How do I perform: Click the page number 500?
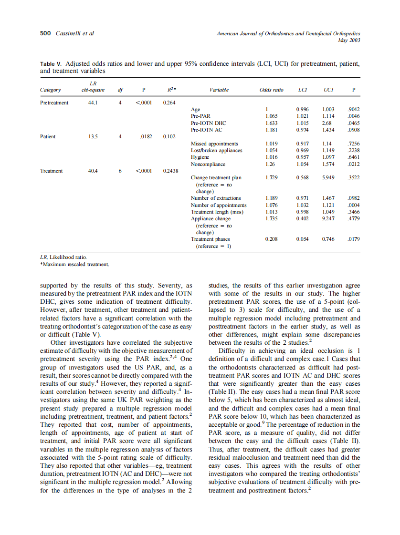click(44, 33)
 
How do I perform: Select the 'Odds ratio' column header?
click(271, 90)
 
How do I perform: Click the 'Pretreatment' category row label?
click(54, 103)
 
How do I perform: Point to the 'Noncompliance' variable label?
click(208, 164)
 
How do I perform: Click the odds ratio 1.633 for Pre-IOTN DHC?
click(271, 123)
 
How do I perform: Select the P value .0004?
click(353, 205)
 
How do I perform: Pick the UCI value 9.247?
click(328, 218)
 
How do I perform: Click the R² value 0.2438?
click(170, 170)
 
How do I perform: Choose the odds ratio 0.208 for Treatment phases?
click(271, 239)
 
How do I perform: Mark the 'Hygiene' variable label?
click(200, 157)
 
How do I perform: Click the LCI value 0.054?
click(302, 239)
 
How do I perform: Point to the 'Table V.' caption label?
click(51, 63)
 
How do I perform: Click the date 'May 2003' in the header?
click(349, 40)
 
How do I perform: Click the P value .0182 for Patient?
click(145, 136)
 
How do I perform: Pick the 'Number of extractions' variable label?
click(216, 198)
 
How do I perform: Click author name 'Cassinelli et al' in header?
click(75, 33)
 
